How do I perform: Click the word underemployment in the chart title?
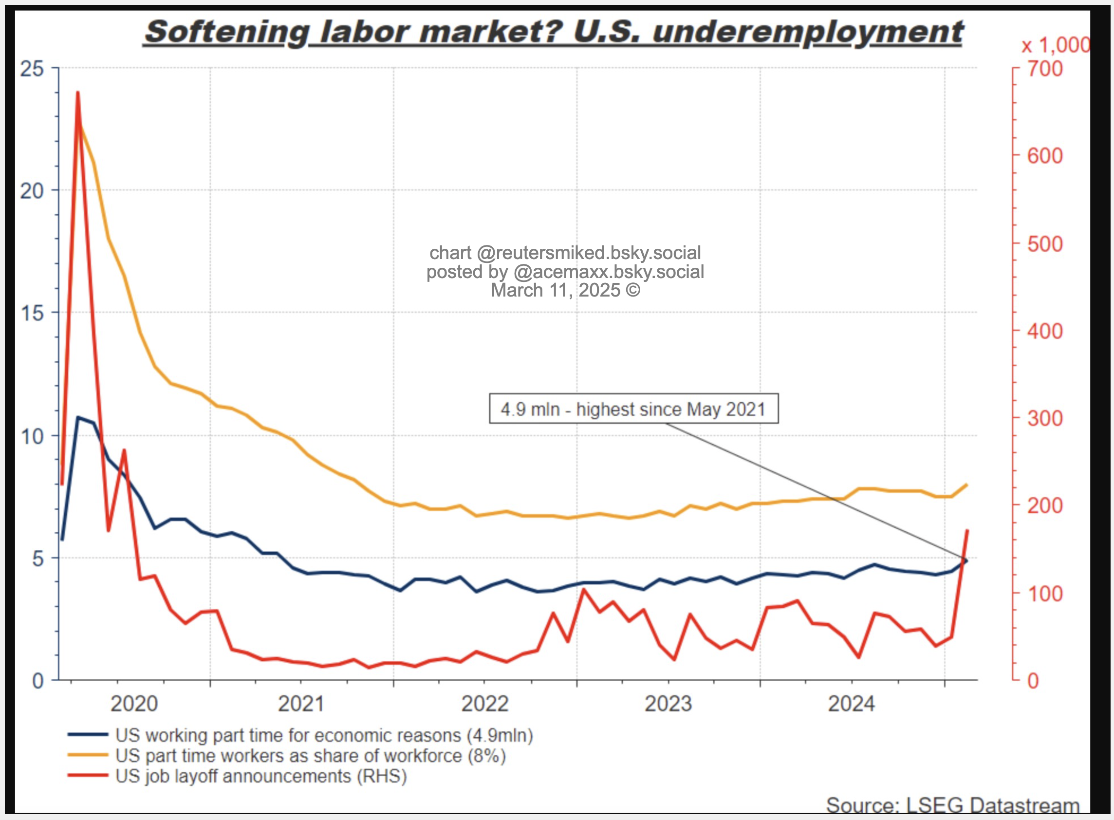coord(808,33)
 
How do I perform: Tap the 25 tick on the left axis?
coord(32,69)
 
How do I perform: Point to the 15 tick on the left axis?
coord(32,313)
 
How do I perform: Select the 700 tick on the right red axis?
coord(1044,69)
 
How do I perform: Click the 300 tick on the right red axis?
coord(1044,418)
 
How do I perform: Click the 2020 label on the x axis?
coord(134,704)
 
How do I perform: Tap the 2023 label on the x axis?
coord(668,704)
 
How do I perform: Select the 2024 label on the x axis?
coord(851,704)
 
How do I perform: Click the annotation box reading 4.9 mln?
coord(633,409)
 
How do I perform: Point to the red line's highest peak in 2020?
coord(78,93)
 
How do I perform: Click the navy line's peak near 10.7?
coord(78,417)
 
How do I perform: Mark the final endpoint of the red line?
coord(967,531)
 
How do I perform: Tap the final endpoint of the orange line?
coord(966,485)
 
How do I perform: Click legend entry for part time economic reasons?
coord(323,735)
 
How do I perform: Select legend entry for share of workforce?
coord(310,755)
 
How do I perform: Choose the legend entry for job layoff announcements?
coord(260,776)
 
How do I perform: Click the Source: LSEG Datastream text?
coord(952,805)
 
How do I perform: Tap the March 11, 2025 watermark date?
coord(565,290)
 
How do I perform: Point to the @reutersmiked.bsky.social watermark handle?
coord(589,253)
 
